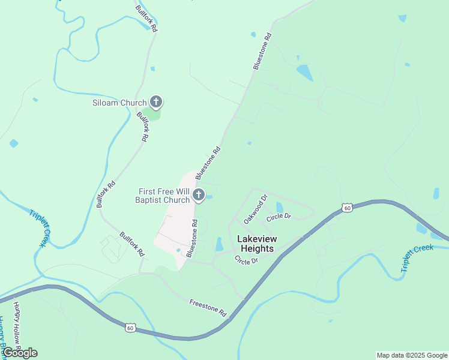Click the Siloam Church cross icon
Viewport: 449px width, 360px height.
[x=156, y=102]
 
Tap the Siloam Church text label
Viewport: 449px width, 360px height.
[x=119, y=103]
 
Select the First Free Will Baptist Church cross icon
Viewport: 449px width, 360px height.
[x=199, y=195]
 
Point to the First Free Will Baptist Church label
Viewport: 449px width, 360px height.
[x=162, y=196]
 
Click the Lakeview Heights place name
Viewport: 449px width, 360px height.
[x=257, y=243]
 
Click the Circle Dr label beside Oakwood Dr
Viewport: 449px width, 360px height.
[x=279, y=216]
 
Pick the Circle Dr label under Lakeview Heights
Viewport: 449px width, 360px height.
[x=246, y=260]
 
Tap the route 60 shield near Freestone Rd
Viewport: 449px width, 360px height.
[x=130, y=327]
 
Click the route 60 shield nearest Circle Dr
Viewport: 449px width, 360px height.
[x=347, y=208]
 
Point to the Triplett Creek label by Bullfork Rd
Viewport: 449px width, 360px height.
[x=37, y=227]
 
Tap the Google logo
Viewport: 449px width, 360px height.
[x=20, y=352]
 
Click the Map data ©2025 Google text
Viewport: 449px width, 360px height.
[x=411, y=355]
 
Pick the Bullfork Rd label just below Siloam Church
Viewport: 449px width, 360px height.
[x=142, y=126]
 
